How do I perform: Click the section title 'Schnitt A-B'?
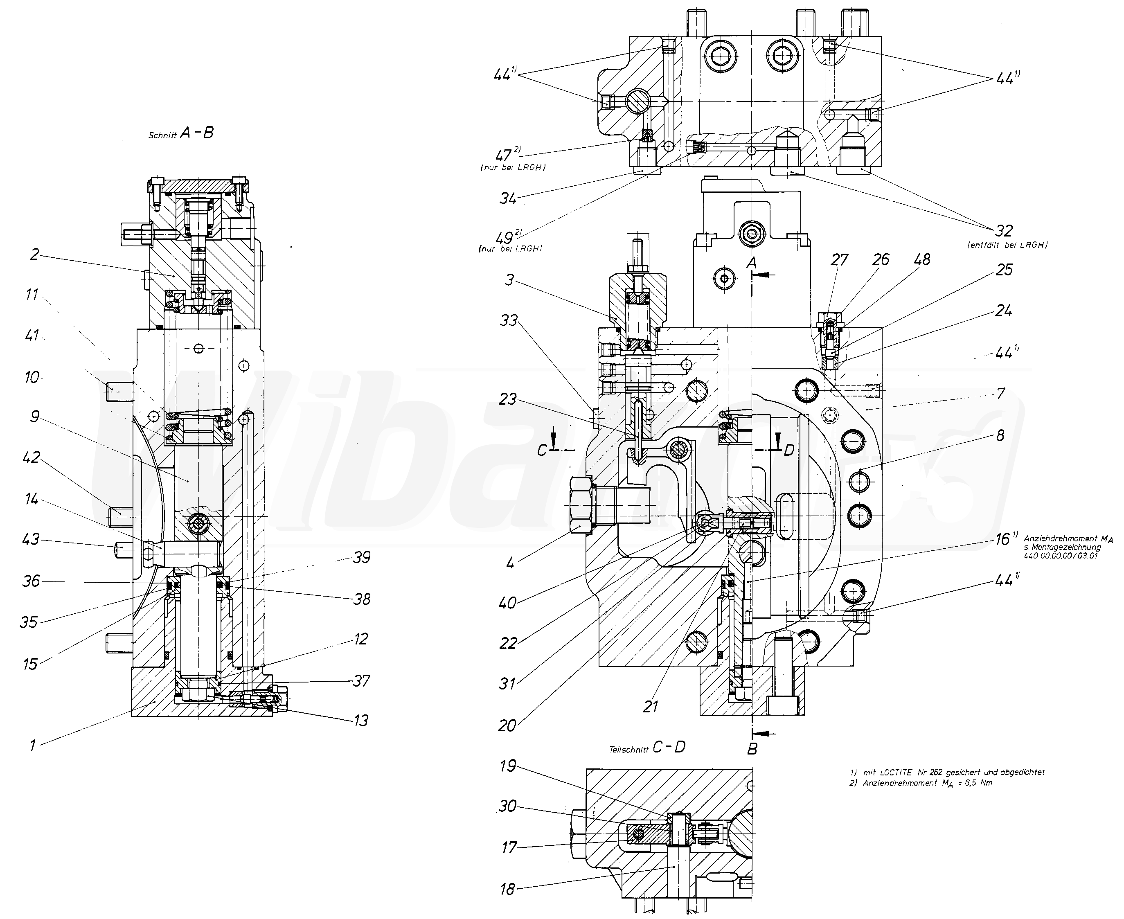[x=181, y=133]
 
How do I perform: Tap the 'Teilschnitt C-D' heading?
[x=647, y=747]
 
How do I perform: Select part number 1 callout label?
[x=33, y=746]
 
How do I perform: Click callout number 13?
[x=361, y=721]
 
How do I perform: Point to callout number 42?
[x=32, y=457]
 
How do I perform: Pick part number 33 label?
[x=509, y=320]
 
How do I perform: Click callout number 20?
[x=507, y=725]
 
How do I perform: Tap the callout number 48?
[x=922, y=259]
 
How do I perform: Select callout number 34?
[x=508, y=198]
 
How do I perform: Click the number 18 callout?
[x=507, y=889]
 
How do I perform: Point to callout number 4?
[x=510, y=563]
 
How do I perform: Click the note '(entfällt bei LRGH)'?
[x=1007, y=245]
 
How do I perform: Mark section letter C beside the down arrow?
[x=542, y=450]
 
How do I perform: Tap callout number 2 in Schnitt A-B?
[x=34, y=255]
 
